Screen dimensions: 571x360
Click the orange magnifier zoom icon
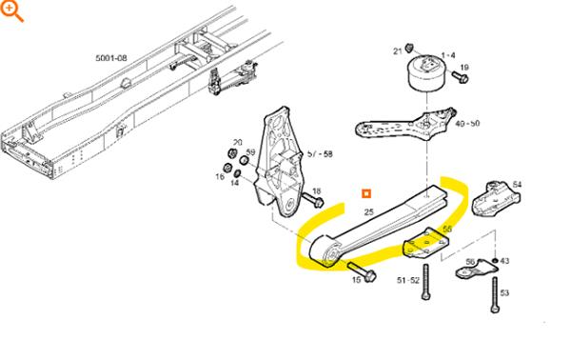(11, 10)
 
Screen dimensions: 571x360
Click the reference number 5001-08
(111, 58)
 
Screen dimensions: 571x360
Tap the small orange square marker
(366, 193)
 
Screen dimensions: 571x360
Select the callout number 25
(369, 211)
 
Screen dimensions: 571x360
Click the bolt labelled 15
(362, 271)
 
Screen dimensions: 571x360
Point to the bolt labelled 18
(313, 200)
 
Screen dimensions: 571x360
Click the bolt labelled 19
(460, 77)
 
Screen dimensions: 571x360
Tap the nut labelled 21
(409, 47)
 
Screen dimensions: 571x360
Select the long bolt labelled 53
(494, 295)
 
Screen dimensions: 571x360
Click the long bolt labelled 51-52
(425, 282)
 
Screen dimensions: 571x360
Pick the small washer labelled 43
(495, 261)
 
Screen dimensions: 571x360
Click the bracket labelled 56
(477, 269)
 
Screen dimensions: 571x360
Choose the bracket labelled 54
(495, 199)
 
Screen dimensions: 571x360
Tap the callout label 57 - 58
(320, 154)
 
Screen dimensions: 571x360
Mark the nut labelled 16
(227, 168)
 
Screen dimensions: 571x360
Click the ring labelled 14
(236, 172)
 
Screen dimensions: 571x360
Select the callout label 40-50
(467, 124)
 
